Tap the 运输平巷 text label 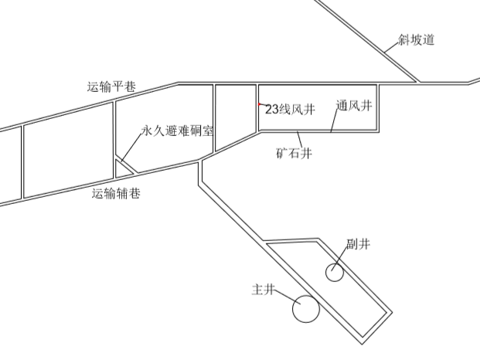[x=112, y=87]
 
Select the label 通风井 [x=355, y=106]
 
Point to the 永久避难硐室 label [x=178, y=131]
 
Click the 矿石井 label [x=294, y=153]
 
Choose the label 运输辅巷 [x=116, y=194]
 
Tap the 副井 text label [x=358, y=245]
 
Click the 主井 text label [x=264, y=290]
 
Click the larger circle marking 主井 [x=306, y=309]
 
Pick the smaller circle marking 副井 [x=334, y=272]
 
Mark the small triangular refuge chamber [x=123, y=167]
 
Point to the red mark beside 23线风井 [x=260, y=104]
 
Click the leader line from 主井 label [x=286, y=297]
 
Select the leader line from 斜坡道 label [x=393, y=48]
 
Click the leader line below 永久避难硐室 [x=131, y=148]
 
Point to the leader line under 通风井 [x=338, y=122]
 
